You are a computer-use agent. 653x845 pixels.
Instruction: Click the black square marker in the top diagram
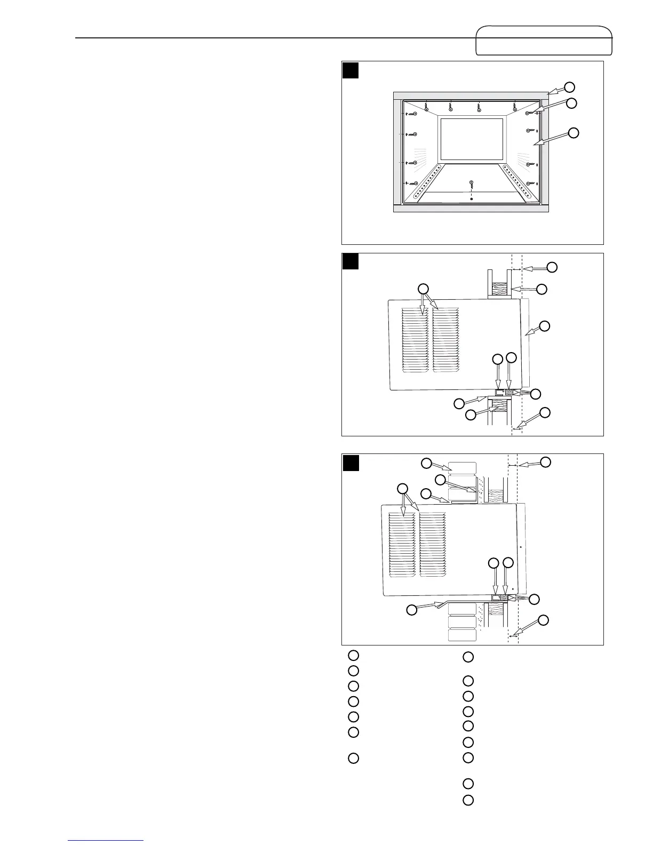pyautogui.click(x=350, y=70)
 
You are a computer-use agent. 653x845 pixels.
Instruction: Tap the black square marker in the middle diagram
pyautogui.click(x=350, y=262)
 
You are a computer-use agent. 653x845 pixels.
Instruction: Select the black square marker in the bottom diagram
pyautogui.click(x=350, y=463)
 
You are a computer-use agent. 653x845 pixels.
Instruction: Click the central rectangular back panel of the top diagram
pyautogui.click(x=472, y=139)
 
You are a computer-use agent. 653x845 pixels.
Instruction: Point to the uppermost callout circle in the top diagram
pyautogui.click(x=570, y=86)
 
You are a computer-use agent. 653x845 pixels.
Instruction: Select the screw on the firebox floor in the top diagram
pyautogui.click(x=471, y=183)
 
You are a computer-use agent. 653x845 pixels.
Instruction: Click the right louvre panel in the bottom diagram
pyautogui.click(x=432, y=544)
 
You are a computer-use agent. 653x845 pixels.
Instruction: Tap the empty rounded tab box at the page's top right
pyautogui.click(x=544, y=40)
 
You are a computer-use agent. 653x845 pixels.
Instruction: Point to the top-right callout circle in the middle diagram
pyautogui.click(x=552, y=267)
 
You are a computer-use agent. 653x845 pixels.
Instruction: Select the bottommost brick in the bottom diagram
pyautogui.click(x=462, y=635)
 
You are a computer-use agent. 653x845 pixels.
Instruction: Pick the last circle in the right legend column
pyautogui.click(x=468, y=800)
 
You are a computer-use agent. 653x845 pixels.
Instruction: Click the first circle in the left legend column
pyautogui.click(x=353, y=655)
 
